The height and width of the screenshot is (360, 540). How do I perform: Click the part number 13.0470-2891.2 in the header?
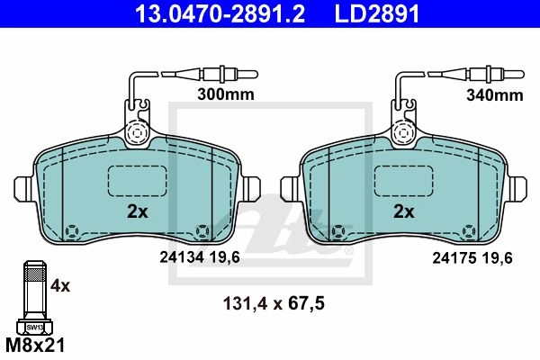(220, 13)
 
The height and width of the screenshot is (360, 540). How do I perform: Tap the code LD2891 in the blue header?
(377, 13)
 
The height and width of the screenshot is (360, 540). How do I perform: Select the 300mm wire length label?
(226, 94)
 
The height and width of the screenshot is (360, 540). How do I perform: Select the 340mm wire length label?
(495, 95)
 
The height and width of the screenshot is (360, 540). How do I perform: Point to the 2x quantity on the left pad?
(138, 211)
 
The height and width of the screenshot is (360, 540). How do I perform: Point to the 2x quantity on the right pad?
(404, 211)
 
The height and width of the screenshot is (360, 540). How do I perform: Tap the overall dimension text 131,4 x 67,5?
(274, 304)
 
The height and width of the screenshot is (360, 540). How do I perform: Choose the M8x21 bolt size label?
(35, 345)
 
